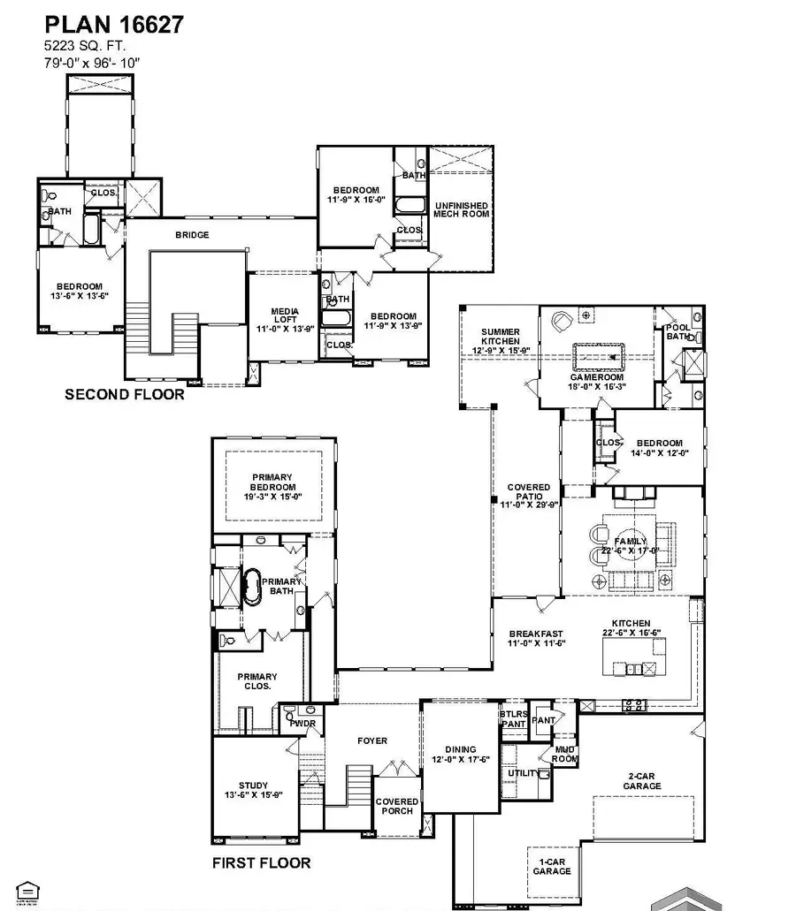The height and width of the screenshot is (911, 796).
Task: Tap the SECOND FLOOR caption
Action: pyautogui.click(x=125, y=394)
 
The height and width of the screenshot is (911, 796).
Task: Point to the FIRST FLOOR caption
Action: pyautogui.click(x=261, y=862)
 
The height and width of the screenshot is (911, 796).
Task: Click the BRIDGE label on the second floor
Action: pyautogui.click(x=192, y=234)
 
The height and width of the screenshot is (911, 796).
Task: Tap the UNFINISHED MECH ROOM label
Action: pyautogui.click(x=461, y=209)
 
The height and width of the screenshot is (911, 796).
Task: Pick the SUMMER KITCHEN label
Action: pyautogui.click(x=500, y=337)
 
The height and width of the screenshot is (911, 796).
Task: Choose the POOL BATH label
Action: pyautogui.click(x=678, y=331)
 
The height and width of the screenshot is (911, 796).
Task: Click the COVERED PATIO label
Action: pyautogui.click(x=528, y=492)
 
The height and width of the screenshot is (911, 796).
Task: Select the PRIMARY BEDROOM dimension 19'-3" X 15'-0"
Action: pyautogui.click(x=272, y=497)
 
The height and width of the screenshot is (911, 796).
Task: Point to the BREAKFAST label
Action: pyautogui.click(x=536, y=634)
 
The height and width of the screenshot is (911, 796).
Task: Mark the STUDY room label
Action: pyautogui.click(x=253, y=785)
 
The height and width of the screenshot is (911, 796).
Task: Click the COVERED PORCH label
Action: pyautogui.click(x=397, y=807)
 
